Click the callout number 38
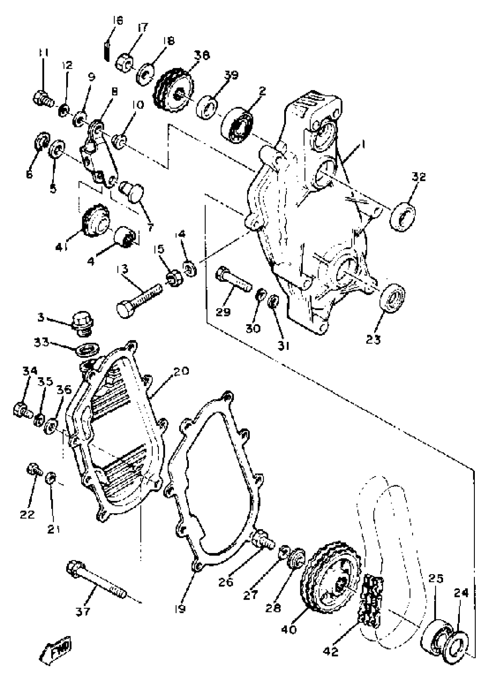coord(202,55)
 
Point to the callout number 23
coord(373,340)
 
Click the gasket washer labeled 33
coord(87,350)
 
